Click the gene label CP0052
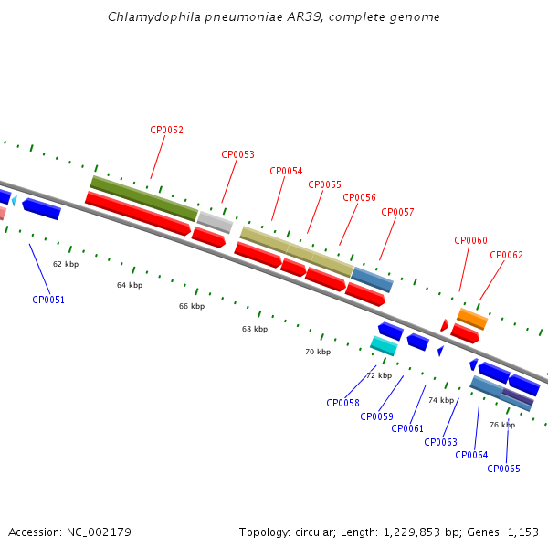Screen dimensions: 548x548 tap(166, 130)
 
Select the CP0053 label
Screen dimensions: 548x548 tap(237, 154)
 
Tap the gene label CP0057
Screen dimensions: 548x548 tap(397, 212)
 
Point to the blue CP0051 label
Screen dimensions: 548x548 tap(48, 300)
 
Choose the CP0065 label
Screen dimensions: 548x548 tap(503, 469)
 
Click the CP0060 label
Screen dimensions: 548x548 tap(470, 240)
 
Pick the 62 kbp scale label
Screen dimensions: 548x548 tap(66, 264)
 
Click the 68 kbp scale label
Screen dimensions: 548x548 tap(255, 329)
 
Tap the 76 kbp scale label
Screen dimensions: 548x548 tap(502, 425)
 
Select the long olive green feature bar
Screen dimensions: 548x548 tap(144, 198)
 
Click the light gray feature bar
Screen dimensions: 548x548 tap(215, 222)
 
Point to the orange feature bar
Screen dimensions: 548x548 tap(472, 319)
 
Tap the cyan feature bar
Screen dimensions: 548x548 tap(384, 345)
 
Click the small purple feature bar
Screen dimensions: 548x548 tap(517, 396)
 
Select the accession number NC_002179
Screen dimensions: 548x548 tap(99, 532)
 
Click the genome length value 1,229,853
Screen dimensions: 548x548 tap(412, 532)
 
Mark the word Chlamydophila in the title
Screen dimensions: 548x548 tap(154, 16)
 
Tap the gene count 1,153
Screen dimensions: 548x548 tap(522, 532)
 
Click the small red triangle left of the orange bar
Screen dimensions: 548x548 tap(444, 325)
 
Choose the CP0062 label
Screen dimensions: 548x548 tap(506, 255)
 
